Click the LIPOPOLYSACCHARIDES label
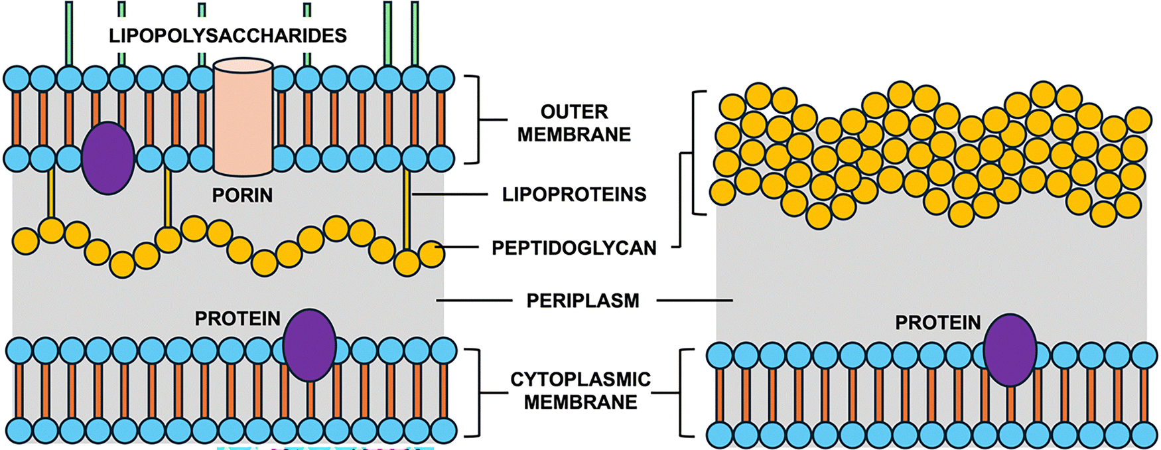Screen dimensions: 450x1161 tap(228, 35)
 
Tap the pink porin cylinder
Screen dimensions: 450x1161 tap(243, 116)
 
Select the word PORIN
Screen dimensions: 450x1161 tap(242, 195)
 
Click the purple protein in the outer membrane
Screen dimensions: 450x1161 tap(107, 158)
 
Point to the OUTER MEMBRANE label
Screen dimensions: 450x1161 tap(574, 123)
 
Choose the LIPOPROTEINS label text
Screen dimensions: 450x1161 tap(574, 194)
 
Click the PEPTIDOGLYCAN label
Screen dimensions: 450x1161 tap(574, 248)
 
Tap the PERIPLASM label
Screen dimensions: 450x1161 tap(582, 301)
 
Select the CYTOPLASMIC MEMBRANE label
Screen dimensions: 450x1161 tap(580, 390)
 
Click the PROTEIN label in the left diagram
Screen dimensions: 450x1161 tap(238, 319)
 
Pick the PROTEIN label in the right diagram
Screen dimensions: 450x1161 tap(937, 323)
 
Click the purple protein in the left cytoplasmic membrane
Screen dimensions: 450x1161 tap(309, 345)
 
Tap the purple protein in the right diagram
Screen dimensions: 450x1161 tap(1010, 350)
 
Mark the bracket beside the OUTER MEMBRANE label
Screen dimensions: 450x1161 tap(476, 119)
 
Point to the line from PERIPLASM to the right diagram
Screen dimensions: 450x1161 tap(694, 301)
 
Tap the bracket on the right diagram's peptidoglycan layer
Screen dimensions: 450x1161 tap(696, 153)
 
